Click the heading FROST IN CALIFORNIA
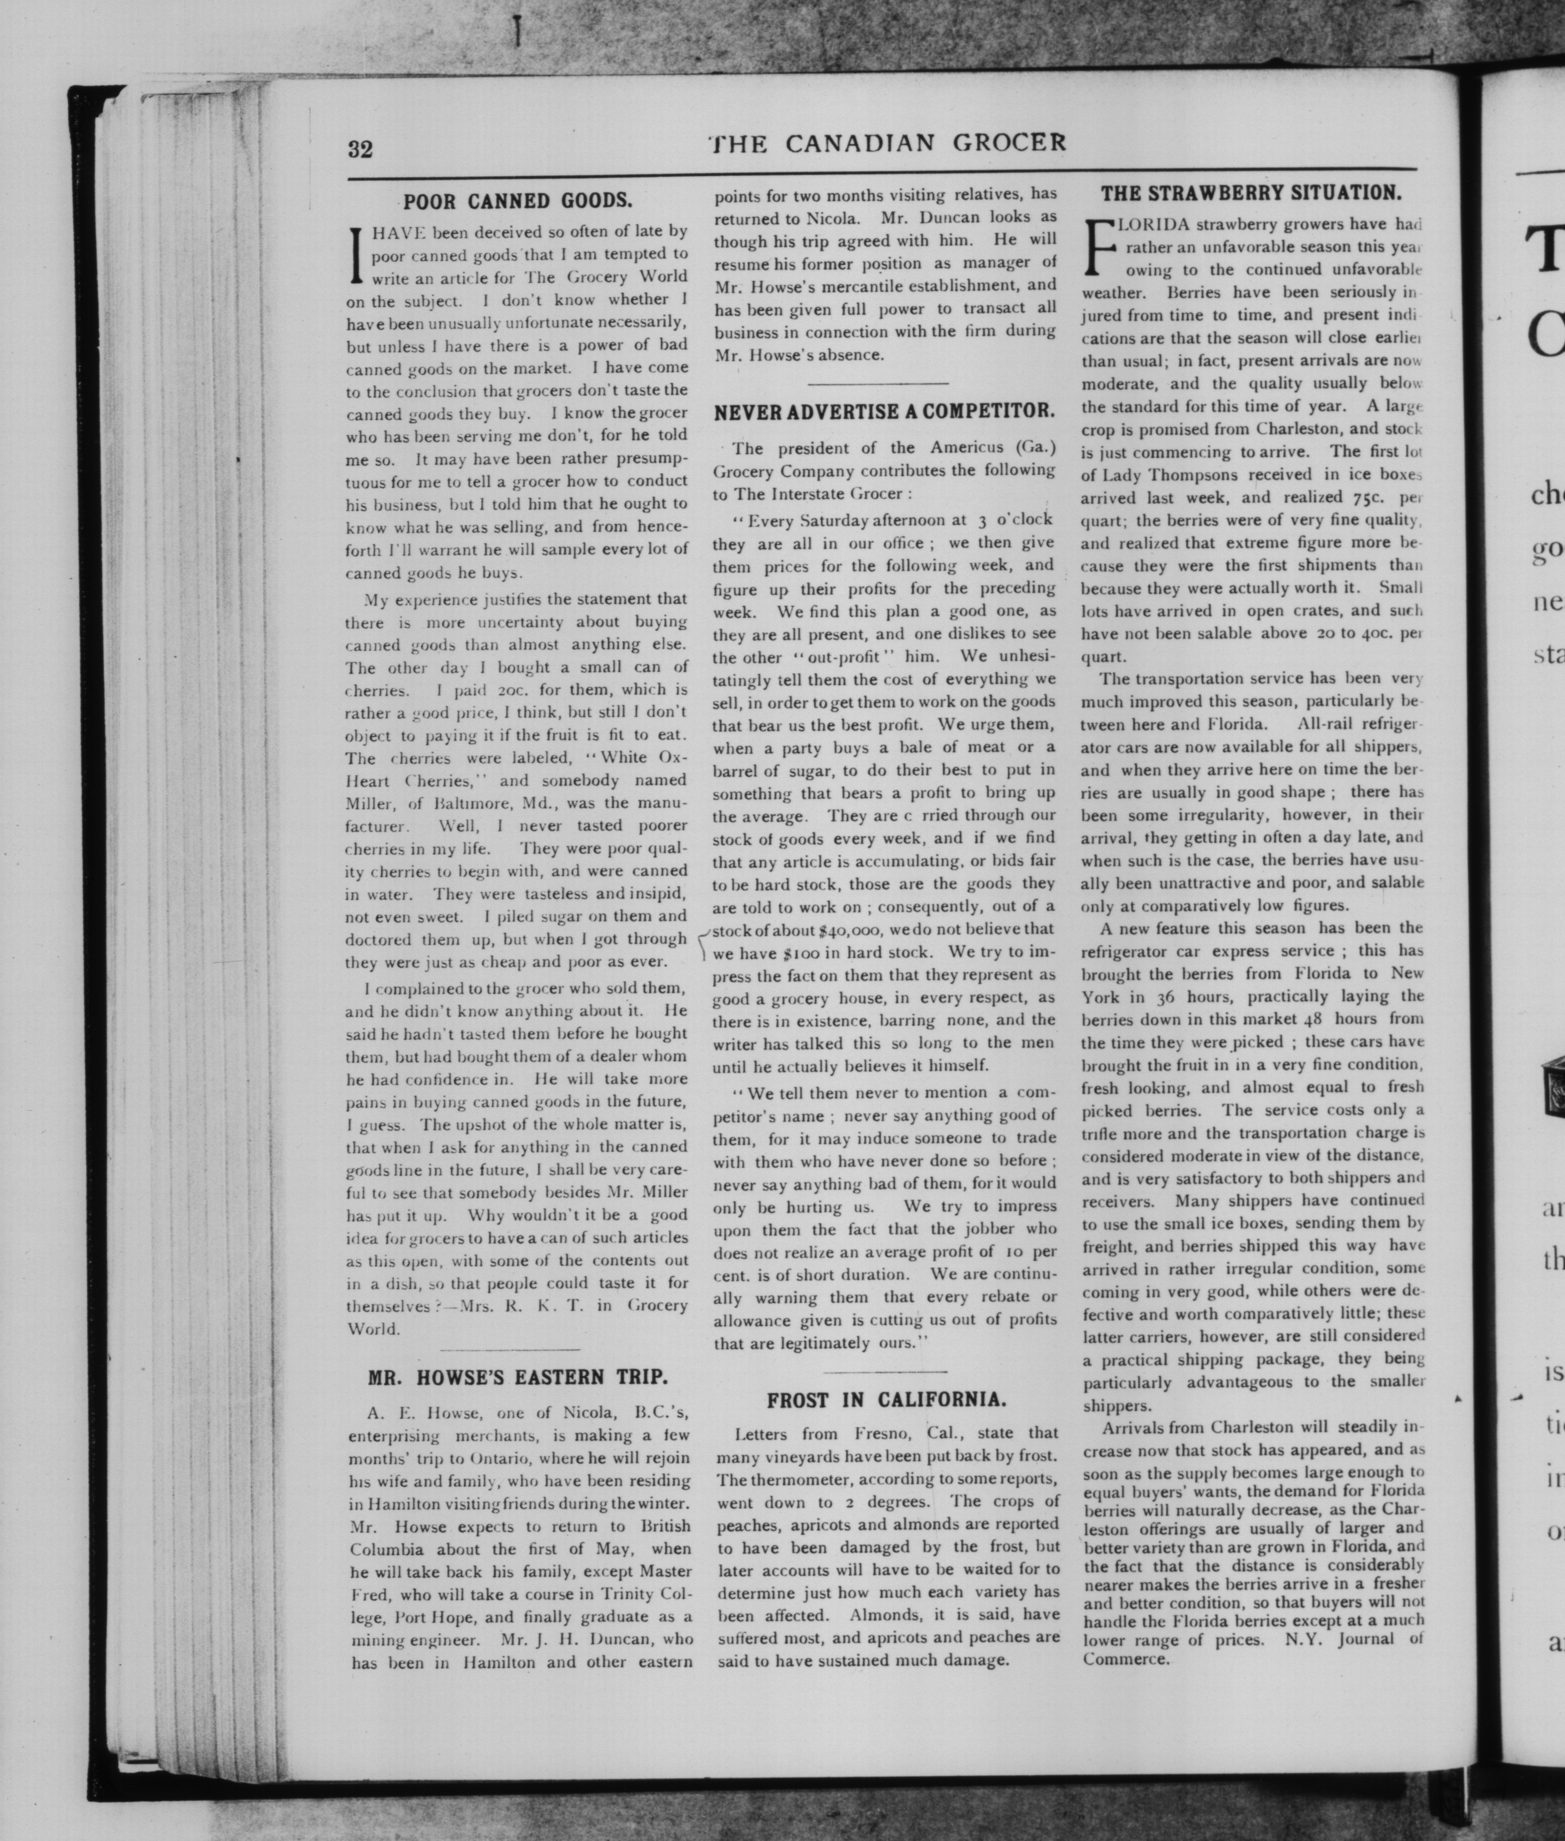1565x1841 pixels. pyautogui.click(x=886, y=1401)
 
